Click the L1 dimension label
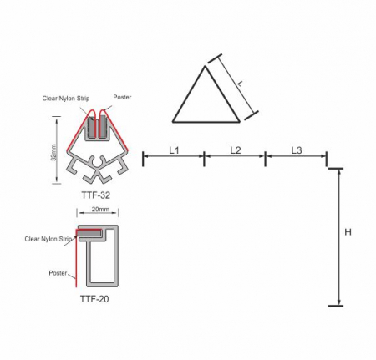point(173,150)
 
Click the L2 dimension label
point(235,150)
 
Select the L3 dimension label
point(297,150)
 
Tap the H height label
point(348,233)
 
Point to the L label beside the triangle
point(240,83)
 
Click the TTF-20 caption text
point(94,297)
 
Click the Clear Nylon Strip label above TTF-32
point(66,98)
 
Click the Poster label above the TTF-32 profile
point(122,97)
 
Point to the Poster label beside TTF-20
point(58,271)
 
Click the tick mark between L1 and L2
point(204,157)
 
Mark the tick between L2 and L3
point(265,157)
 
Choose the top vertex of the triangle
point(206,67)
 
